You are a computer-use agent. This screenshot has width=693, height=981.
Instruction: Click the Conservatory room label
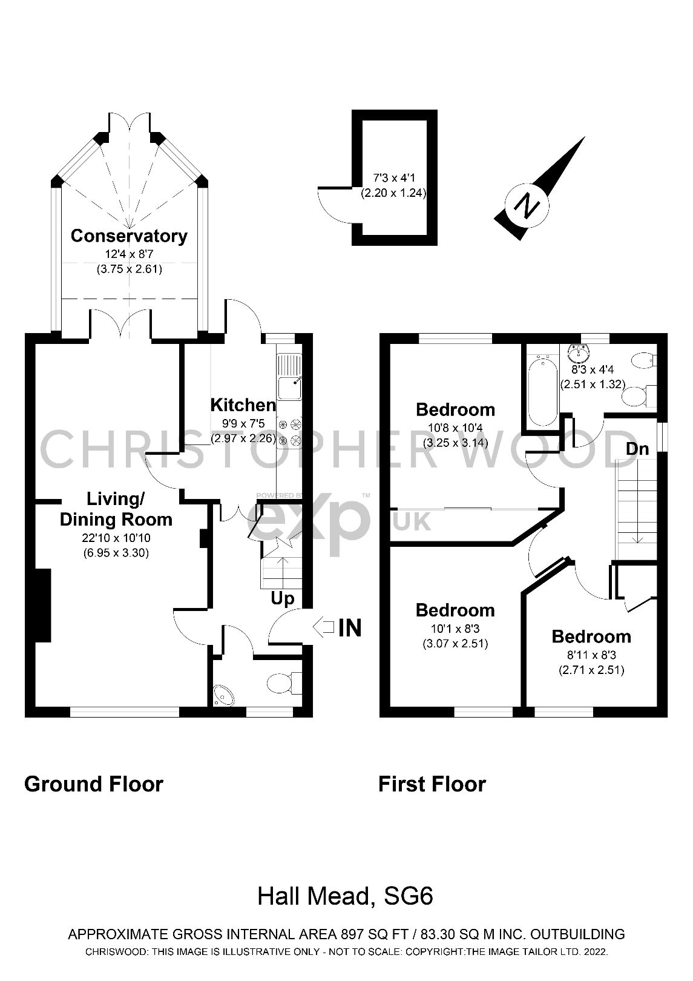point(129,236)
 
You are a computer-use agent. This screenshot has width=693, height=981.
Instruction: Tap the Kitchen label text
point(243,405)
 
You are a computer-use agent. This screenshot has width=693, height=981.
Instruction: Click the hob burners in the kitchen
point(289,432)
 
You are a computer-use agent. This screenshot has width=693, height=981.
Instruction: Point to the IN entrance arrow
point(325,627)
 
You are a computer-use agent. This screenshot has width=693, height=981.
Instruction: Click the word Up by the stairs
point(282,599)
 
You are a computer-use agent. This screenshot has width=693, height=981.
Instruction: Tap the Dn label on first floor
point(637,449)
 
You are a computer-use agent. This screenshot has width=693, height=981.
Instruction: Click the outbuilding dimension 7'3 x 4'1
point(394,179)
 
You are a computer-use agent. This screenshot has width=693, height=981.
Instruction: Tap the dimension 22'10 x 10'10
point(116,538)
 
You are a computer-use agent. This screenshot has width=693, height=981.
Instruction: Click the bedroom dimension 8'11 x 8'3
point(591,655)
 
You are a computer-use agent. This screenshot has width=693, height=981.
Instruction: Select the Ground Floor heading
point(94,784)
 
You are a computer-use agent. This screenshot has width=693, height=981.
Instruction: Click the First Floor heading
point(432,784)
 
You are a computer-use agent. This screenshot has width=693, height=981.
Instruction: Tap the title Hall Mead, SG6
point(345,896)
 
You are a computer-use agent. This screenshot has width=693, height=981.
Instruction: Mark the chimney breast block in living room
point(42,605)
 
